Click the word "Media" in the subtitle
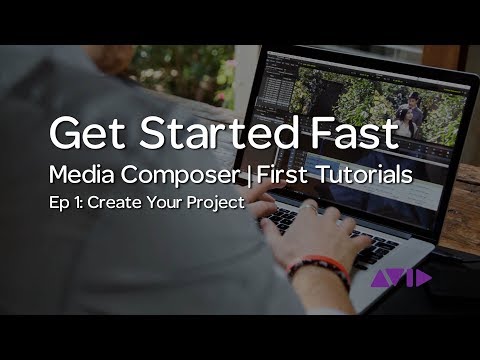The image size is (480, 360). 82,175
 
